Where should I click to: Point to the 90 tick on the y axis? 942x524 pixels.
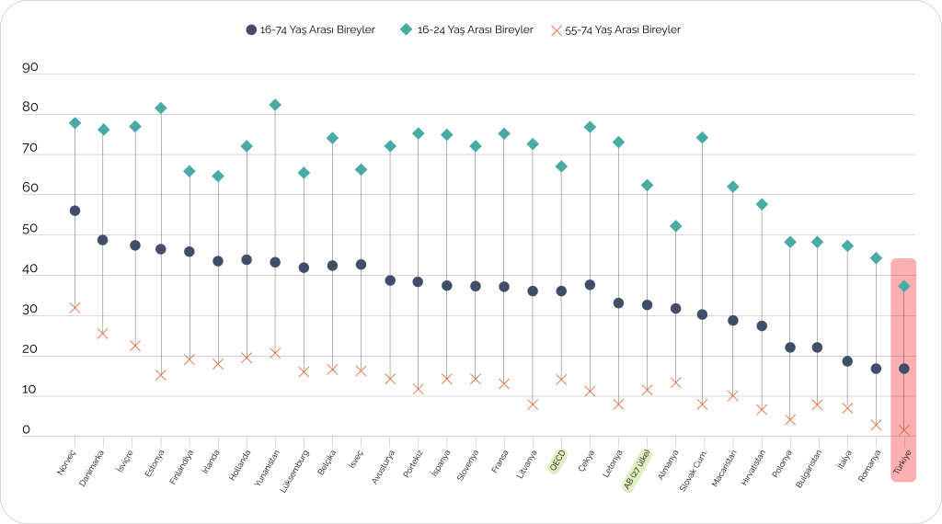(x=30, y=68)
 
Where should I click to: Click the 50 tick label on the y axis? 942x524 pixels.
(x=30, y=229)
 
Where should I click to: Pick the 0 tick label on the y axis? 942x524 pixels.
(x=27, y=430)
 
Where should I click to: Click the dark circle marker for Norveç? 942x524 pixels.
(x=75, y=211)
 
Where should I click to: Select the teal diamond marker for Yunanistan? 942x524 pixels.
(x=275, y=105)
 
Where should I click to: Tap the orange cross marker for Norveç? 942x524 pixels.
(x=75, y=308)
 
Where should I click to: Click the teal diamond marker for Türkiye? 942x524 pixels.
(x=904, y=286)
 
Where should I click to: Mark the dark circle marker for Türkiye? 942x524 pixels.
(x=904, y=369)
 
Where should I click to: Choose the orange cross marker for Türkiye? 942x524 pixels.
(x=904, y=430)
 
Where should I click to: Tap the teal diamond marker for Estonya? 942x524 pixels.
(x=161, y=108)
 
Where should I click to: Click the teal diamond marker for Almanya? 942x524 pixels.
(x=676, y=226)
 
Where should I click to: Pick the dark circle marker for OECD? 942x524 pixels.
(x=561, y=290)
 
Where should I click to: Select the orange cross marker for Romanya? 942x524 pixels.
(x=876, y=425)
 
